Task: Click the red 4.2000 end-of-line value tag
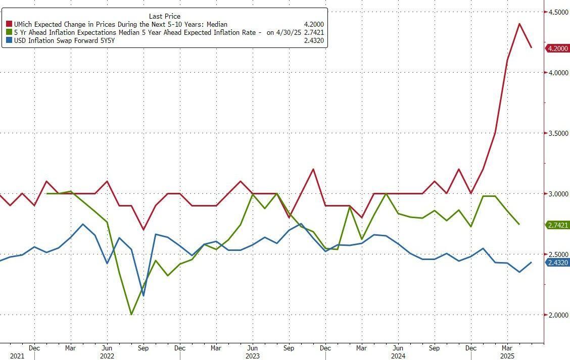pyautogui.click(x=558, y=48)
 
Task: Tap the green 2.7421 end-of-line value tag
pyautogui.click(x=558, y=225)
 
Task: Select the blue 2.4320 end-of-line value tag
pyautogui.click(x=558, y=263)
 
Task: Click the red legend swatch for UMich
pyautogui.click(x=9, y=24)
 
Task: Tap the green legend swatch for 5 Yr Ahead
pyautogui.click(x=9, y=32)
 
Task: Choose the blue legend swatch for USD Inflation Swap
pyautogui.click(x=9, y=40)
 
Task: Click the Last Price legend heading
pyautogui.click(x=165, y=16)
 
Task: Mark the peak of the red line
pyautogui.click(x=519, y=23)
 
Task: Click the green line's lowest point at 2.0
pyautogui.click(x=131, y=315)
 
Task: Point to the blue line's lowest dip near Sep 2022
pyautogui.click(x=144, y=296)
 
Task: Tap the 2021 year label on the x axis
pyautogui.click(x=17, y=356)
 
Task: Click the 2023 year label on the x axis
pyautogui.click(x=252, y=356)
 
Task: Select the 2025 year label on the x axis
pyautogui.click(x=507, y=356)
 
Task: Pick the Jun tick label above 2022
pyautogui.click(x=107, y=348)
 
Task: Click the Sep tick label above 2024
pyautogui.click(x=434, y=348)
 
